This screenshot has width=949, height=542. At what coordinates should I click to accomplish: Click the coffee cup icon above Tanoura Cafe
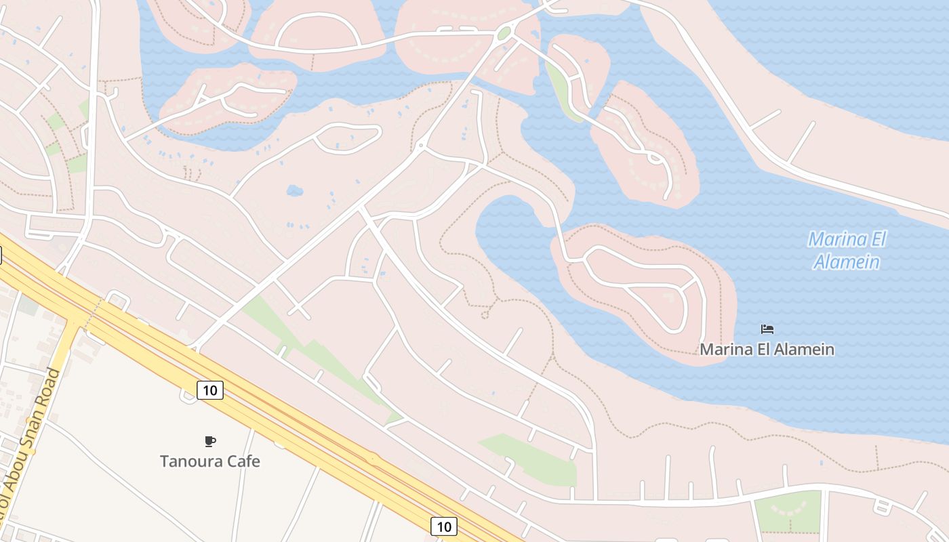(210, 442)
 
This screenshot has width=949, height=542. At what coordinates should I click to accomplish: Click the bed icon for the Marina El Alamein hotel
(767, 329)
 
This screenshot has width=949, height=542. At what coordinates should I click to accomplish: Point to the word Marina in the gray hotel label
(723, 350)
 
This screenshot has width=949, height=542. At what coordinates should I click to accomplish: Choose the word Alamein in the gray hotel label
(803, 350)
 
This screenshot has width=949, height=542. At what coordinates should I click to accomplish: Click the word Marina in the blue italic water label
(838, 240)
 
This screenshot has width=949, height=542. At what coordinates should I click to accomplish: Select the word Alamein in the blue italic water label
(847, 262)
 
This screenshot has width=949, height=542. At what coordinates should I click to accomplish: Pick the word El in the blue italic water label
(877, 240)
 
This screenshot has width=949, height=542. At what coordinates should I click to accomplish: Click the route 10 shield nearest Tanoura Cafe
(210, 390)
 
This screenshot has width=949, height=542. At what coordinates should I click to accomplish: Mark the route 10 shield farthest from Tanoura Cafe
(443, 526)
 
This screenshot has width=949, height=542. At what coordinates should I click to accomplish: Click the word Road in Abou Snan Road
(48, 391)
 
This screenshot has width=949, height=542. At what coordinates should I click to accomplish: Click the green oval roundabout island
(504, 33)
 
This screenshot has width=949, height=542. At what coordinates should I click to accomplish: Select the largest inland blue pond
(294, 191)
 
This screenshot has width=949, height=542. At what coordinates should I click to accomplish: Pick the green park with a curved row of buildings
(788, 511)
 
